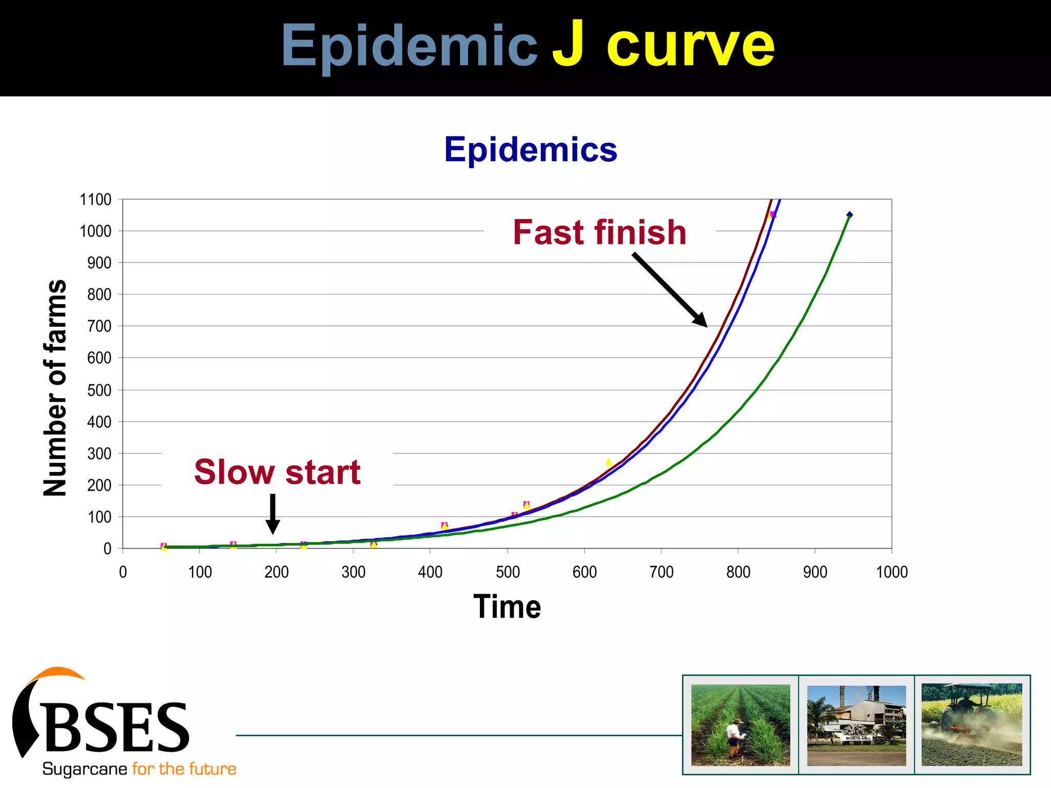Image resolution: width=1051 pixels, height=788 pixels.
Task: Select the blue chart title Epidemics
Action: coord(531,150)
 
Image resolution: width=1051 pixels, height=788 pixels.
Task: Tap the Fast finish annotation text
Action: coord(599,232)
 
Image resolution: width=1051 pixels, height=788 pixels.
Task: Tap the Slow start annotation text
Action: coord(277,472)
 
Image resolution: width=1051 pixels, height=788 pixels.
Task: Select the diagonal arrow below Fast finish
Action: coord(670,290)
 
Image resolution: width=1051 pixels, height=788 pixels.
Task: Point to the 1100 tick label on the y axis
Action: coord(95,200)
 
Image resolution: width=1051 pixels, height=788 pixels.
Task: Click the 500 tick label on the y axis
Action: coord(99,390)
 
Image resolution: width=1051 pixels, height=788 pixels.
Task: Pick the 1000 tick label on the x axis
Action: coord(892,572)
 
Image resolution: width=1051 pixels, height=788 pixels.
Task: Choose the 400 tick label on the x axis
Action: coord(430,572)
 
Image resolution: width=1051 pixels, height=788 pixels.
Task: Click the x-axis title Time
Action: coord(507,607)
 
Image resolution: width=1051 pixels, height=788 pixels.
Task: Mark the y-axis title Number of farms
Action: coord(55,388)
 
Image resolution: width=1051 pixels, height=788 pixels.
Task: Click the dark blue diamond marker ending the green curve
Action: coord(849,215)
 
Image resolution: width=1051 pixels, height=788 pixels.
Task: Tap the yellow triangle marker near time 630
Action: coord(609,462)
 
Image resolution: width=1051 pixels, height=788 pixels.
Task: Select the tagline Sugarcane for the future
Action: coord(139,769)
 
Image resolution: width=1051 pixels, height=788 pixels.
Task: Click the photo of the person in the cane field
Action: coord(741,725)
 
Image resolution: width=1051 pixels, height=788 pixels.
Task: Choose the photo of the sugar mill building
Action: coord(857,725)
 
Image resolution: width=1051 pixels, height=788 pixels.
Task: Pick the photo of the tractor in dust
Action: coord(972,725)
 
